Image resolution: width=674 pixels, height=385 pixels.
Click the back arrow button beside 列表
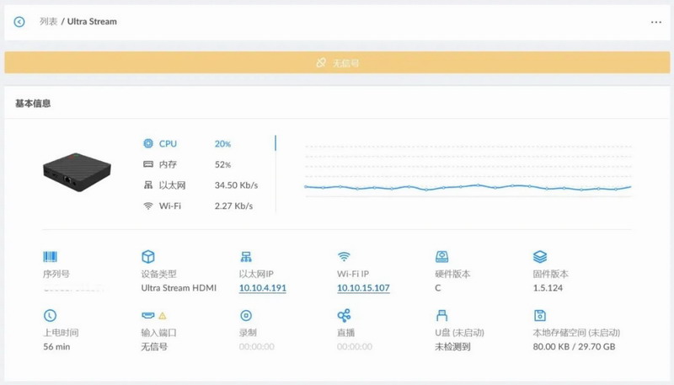[x=19, y=22]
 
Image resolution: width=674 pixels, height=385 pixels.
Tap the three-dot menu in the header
[x=656, y=23]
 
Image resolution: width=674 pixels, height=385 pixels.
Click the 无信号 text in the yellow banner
[x=345, y=63]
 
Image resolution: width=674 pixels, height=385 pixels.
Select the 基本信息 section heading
[x=33, y=104]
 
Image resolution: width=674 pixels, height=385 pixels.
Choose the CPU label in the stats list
[x=168, y=144]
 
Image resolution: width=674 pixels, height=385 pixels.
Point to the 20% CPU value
[x=222, y=144]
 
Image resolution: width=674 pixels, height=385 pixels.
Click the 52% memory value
[x=222, y=164]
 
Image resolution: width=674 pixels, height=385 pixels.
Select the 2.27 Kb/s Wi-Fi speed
[x=233, y=206]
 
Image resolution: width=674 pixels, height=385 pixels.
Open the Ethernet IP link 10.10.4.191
[x=263, y=288]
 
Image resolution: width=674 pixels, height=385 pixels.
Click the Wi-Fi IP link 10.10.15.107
[x=363, y=288]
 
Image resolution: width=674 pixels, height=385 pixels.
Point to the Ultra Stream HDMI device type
[x=179, y=288]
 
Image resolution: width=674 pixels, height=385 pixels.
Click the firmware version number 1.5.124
[x=548, y=288]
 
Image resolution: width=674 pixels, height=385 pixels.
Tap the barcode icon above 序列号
[x=50, y=257]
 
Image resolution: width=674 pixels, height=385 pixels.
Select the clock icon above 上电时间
[x=50, y=316]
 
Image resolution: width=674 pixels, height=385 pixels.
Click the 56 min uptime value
[x=56, y=346]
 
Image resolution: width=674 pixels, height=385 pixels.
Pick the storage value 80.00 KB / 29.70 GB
[x=574, y=346]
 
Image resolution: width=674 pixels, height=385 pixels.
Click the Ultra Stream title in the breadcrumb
[x=93, y=22]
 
